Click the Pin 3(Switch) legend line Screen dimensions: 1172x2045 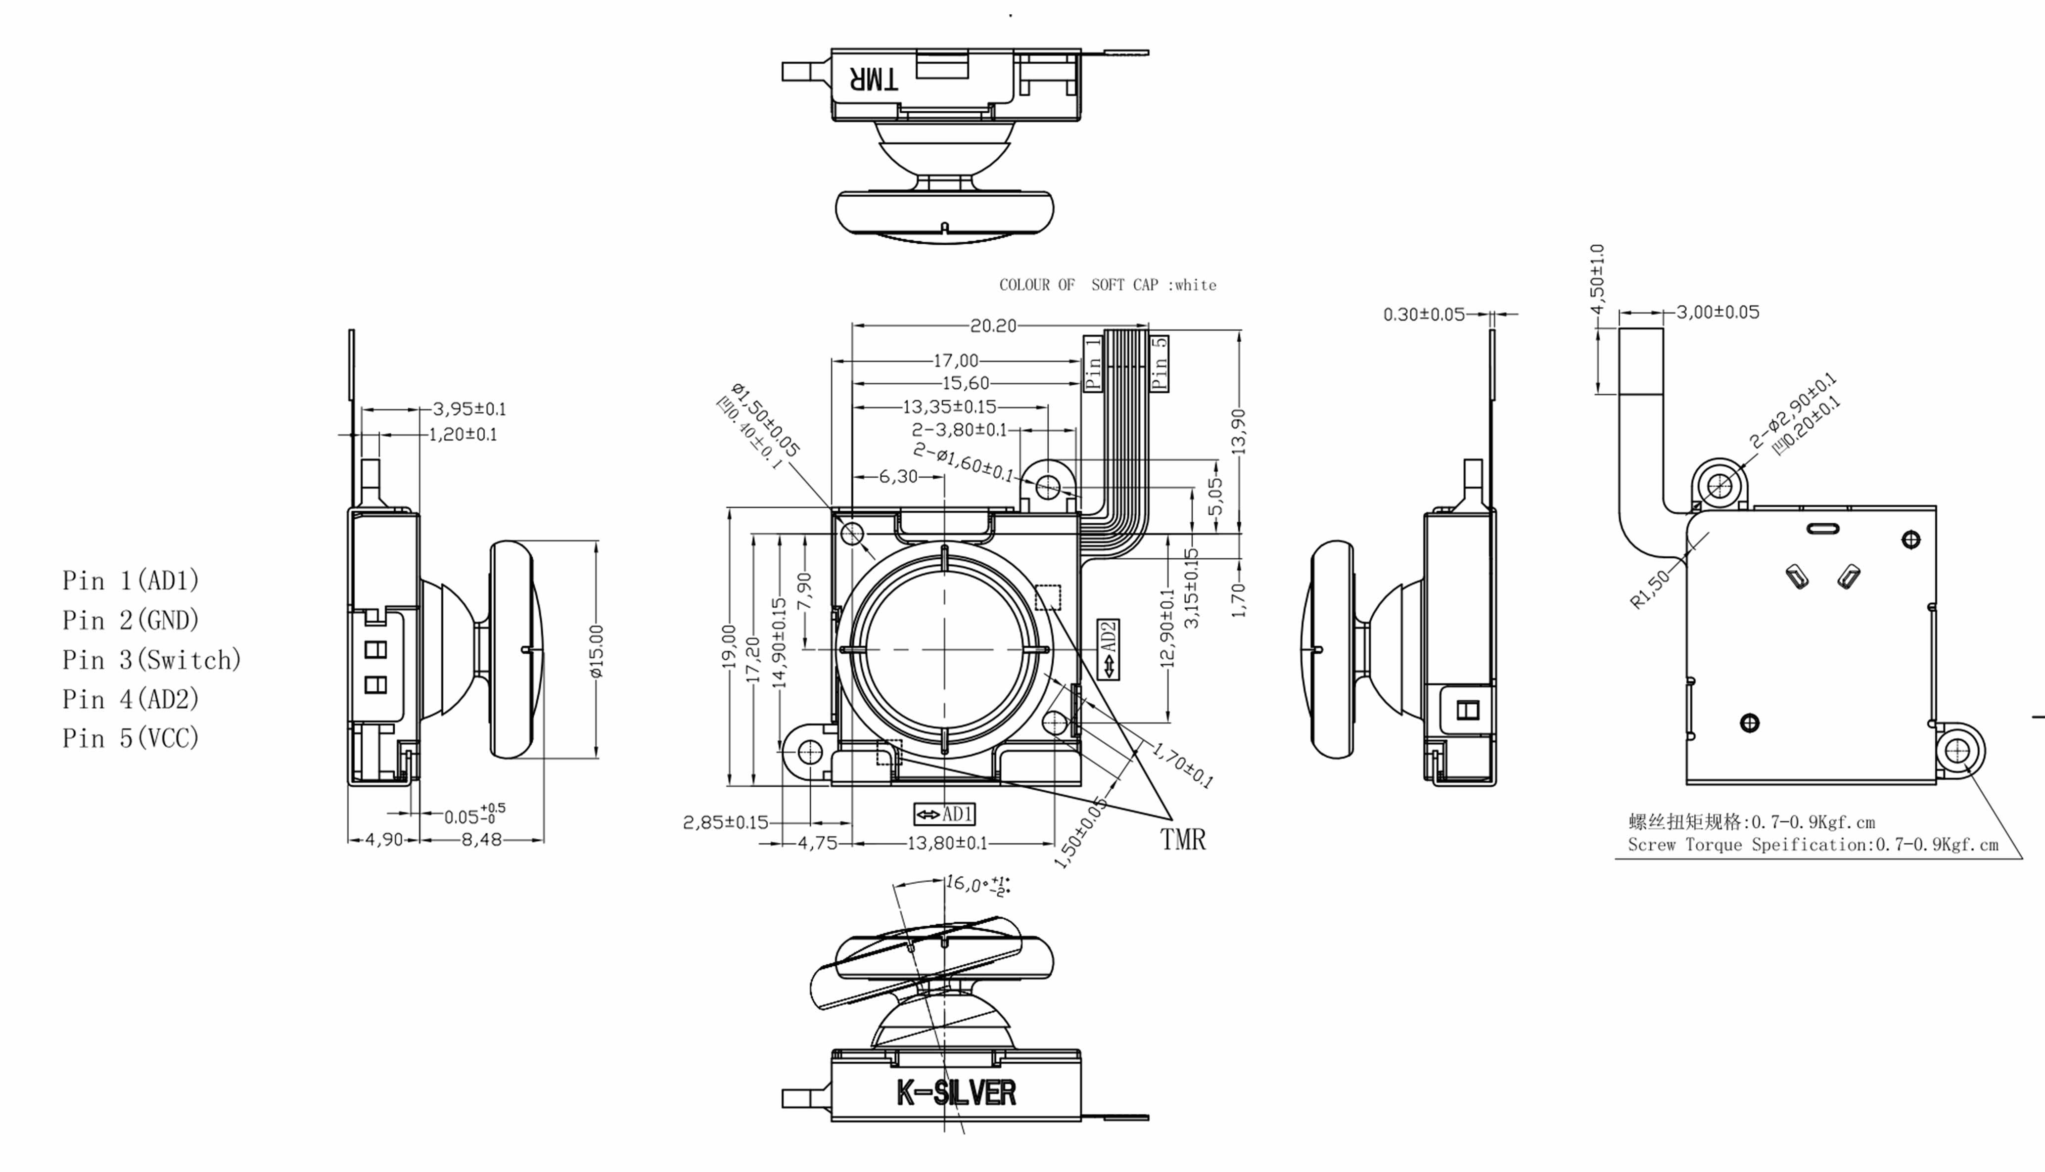(x=151, y=660)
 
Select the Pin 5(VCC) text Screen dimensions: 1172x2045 (x=131, y=738)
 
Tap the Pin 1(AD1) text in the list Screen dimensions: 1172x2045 (x=131, y=581)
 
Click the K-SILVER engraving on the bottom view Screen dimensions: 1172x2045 (x=956, y=1093)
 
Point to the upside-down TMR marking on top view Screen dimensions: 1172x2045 (x=874, y=79)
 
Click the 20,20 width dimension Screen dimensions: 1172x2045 (x=993, y=325)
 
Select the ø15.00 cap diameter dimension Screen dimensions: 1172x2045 (x=597, y=651)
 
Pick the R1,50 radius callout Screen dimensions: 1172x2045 (x=1649, y=589)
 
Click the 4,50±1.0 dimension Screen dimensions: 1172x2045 (x=1598, y=278)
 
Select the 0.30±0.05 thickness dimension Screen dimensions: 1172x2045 (x=1424, y=314)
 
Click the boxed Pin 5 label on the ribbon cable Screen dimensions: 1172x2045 (x=1159, y=363)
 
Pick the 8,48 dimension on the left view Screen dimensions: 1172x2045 (x=481, y=840)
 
